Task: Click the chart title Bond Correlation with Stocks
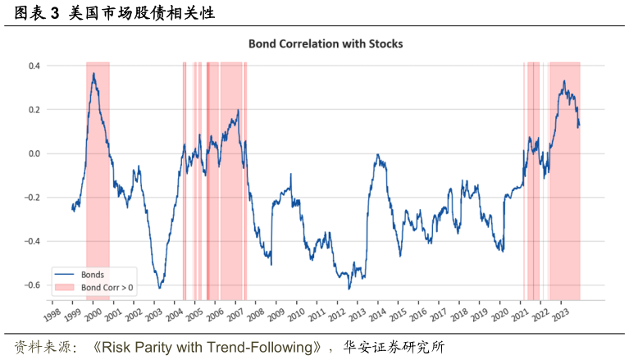[326, 43]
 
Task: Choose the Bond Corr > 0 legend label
[107, 288]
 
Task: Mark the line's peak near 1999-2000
[94, 74]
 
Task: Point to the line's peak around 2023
[563, 80]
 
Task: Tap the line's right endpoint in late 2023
[579, 125]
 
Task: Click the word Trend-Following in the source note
[260, 347]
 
